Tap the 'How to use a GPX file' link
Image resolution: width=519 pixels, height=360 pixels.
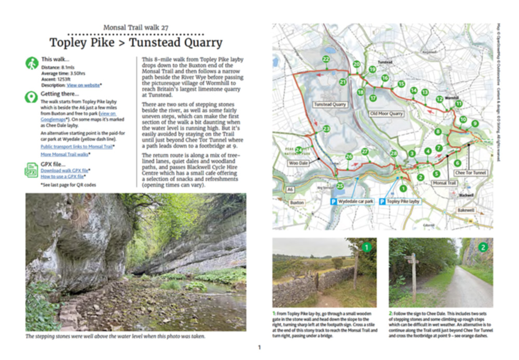click(x=61, y=176)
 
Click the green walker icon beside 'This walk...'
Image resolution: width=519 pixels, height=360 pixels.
click(x=31, y=63)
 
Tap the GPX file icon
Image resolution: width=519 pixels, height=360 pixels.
click(x=31, y=170)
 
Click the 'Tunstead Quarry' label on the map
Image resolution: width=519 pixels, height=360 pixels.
click(x=330, y=104)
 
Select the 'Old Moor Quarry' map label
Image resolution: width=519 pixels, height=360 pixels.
click(x=387, y=113)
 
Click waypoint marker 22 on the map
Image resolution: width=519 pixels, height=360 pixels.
click(x=326, y=59)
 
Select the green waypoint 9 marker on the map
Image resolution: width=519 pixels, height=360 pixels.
click(x=475, y=123)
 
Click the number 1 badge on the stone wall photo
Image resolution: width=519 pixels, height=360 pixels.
click(x=367, y=247)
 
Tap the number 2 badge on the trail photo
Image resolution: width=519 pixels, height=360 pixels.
click(x=483, y=247)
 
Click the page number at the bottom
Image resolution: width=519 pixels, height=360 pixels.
click(x=259, y=347)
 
